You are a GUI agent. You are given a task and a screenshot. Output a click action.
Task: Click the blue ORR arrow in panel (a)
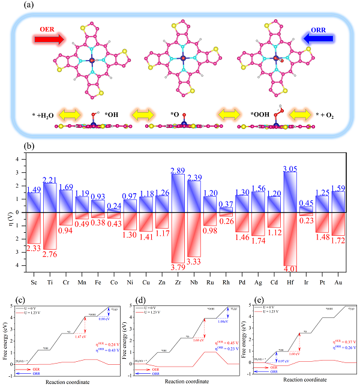(x=313, y=40)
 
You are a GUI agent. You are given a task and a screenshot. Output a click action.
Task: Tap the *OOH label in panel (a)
(x=260, y=113)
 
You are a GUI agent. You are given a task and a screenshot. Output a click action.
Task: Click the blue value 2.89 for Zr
(x=178, y=170)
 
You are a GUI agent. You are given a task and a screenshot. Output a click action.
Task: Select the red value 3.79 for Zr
(x=178, y=266)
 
